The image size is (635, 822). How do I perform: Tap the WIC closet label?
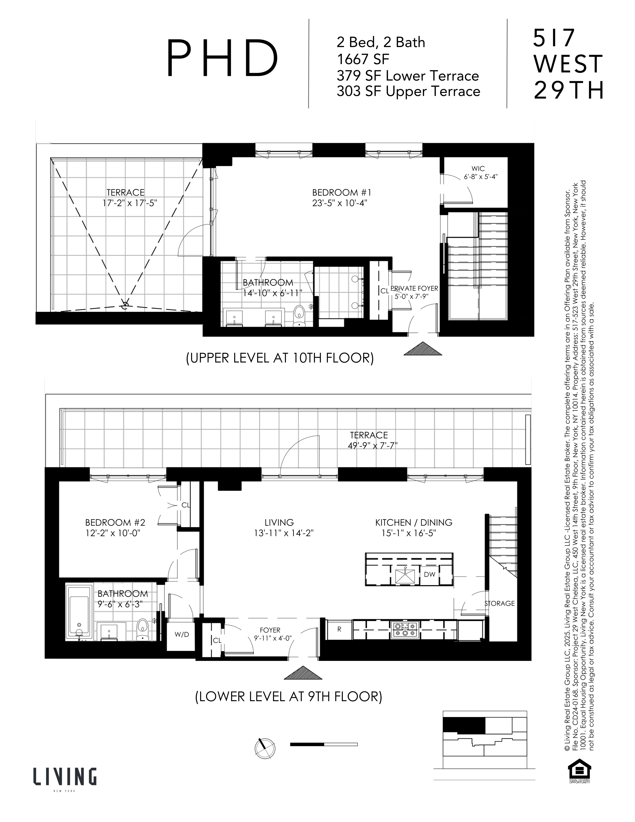(x=478, y=169)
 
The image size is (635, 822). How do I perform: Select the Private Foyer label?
(x=414, y=288)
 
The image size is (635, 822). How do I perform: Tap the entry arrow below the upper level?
(x=423, y=349)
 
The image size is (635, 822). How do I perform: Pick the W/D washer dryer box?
(x=182, y=634)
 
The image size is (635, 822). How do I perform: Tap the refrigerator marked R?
(x=339, y=629)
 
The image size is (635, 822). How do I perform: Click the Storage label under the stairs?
(x=499, y=603)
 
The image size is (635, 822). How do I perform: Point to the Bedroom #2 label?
(x=115, y=522)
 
